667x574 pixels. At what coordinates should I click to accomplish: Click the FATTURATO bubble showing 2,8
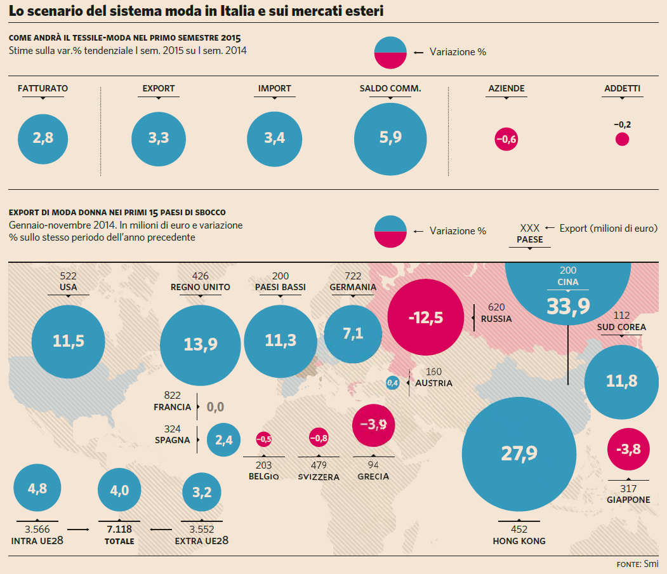pos(43,138)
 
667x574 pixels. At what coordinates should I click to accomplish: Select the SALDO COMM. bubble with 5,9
pos(390,138)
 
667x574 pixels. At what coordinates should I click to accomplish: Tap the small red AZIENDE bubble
pos(506,139)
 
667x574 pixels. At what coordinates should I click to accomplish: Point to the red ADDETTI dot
pos(622,139)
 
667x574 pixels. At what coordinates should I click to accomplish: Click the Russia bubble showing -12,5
pos(425,317)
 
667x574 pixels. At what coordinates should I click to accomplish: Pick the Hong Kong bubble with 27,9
pos(519,453)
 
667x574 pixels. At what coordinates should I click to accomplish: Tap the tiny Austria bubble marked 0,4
pos(393,383)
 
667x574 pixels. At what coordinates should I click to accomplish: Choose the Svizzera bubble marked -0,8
pos(319,438)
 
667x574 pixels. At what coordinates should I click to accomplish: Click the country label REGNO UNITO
pos(201,287)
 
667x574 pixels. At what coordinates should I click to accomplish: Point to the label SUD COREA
pos(621,327)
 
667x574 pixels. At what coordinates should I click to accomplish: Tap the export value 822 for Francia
pos(173,394)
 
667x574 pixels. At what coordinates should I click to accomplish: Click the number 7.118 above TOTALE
pos(119,529)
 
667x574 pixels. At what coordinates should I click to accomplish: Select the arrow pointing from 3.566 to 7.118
pos(77,529)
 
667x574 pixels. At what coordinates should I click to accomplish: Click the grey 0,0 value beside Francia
pos(215,407)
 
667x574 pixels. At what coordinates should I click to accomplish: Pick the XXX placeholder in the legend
pos(530,227)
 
